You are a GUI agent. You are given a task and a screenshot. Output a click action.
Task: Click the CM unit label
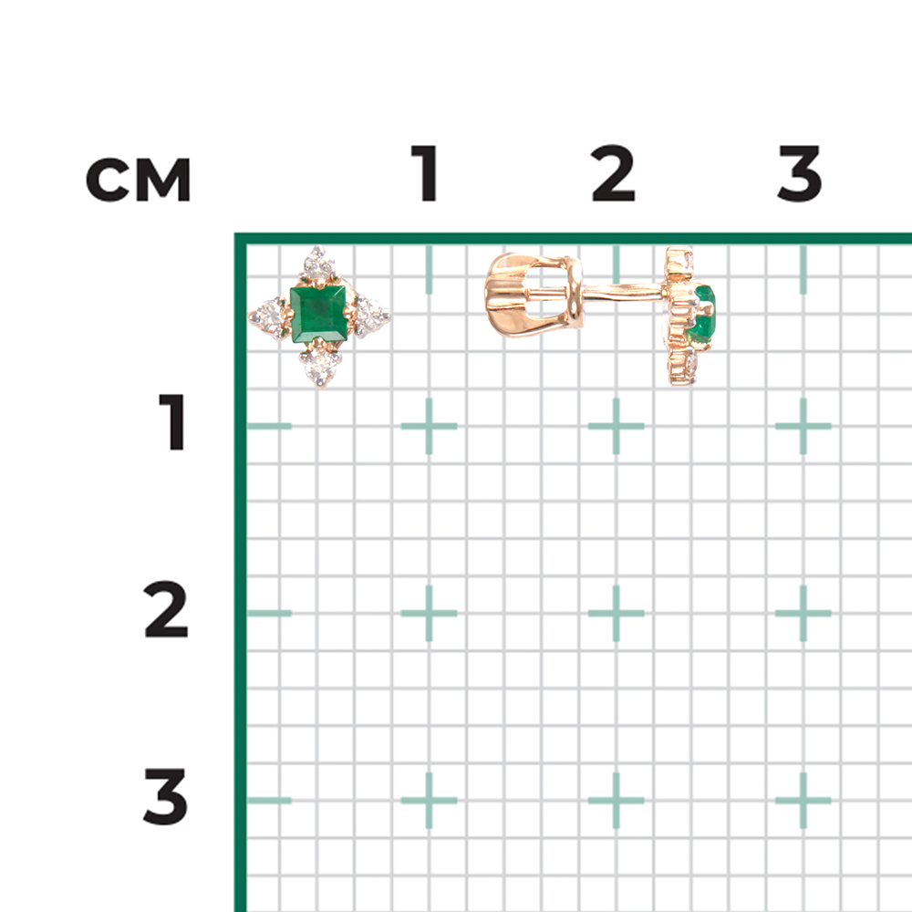click(x=139, y=180)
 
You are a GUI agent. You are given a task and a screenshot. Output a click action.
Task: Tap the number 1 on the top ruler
click(x=425, y=172)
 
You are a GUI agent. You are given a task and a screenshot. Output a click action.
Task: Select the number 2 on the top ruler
click(x=613, y=172)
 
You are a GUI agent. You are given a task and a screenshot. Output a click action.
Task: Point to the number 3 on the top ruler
click(x=799, y=172)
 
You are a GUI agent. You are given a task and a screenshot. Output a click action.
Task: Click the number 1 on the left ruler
click(x=172, y=421)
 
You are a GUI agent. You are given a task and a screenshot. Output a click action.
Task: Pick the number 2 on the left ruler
click(x=166, y=609)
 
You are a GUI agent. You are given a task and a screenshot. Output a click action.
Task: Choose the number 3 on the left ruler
click(x=166, y=796)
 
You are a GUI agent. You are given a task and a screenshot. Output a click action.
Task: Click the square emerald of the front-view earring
click(x=318, y=315)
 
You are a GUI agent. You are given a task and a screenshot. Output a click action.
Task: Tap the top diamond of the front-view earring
click(x=317, y=265)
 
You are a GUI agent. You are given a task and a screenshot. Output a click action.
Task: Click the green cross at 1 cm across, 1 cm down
click(x=430, y=426)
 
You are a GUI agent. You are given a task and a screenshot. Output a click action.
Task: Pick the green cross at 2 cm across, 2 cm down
click(x=617, y=613)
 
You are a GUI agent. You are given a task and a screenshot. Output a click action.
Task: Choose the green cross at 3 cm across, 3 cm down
click(x=803, y=801)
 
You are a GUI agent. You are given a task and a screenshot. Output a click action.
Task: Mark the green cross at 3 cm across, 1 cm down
click(x=803, y=426)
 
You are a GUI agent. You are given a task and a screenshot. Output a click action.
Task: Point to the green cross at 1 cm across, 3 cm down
click(x=430, y=801)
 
